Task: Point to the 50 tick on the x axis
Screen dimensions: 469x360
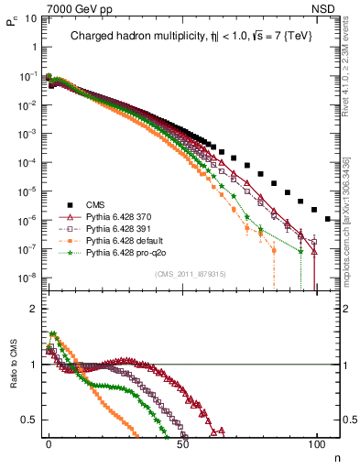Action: [x=182, y=442]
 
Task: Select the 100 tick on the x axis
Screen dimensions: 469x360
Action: [x=316, y=442]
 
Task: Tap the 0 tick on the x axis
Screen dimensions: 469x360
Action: [x=49, y=442]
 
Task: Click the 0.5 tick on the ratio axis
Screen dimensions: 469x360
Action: [x=27, y=420]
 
